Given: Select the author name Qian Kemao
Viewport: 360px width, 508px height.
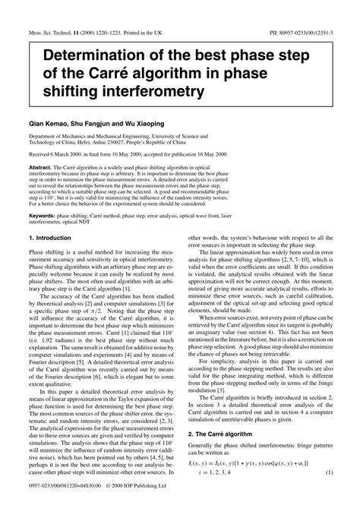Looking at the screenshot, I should (x=49, y=120).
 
